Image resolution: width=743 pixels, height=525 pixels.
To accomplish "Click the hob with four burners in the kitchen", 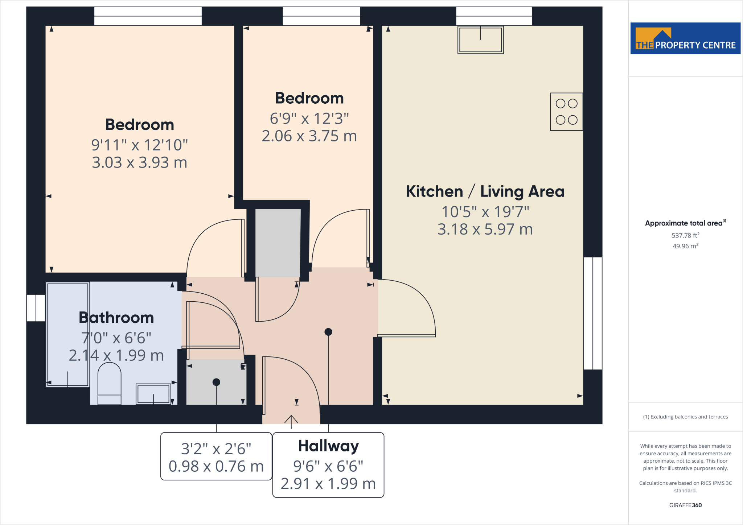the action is (x=566, y=112).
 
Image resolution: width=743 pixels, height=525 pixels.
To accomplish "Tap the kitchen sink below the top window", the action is (x=480, y=40).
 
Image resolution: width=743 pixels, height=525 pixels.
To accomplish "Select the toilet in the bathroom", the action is (x=110, y=383).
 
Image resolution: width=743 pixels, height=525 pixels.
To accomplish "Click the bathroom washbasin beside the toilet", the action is (x=153, y=394).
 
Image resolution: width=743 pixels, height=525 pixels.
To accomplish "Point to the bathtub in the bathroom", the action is (x=68, y=334).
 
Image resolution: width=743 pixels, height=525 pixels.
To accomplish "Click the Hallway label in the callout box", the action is (x=328, y=446).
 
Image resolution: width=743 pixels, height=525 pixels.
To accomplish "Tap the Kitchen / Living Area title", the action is (x=485, y=191).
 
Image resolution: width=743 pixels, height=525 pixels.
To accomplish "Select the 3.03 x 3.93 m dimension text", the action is (x=140, y=162).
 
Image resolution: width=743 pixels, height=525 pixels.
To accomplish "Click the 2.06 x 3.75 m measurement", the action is (x=309, y=136).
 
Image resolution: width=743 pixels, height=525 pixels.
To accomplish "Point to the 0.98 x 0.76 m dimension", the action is (x=216, y=466).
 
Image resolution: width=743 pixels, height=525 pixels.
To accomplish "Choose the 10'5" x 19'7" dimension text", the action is (x=485, y=212).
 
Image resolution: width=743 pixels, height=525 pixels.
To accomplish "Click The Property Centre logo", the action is (x=685, y=38).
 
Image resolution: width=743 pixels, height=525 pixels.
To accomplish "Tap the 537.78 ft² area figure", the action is (x=685, y=235).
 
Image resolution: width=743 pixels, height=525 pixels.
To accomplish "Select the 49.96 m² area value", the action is (x=685, y=246).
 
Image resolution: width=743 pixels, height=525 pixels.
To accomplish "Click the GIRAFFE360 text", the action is (x=685, y=505).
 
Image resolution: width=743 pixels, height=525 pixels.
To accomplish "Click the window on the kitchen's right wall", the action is (x=593, y=313).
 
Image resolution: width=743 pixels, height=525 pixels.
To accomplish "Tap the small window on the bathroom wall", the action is (x=36, y=308).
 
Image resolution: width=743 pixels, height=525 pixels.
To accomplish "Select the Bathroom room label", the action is (x=116, y=318).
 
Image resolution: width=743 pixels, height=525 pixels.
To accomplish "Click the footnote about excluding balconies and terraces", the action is (x=685, y=417).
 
